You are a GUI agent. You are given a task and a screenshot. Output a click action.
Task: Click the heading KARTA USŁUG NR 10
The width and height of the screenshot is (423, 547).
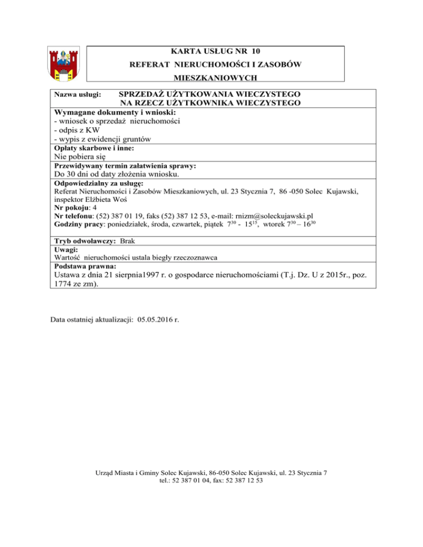pyautogui.click(x=215, y=51)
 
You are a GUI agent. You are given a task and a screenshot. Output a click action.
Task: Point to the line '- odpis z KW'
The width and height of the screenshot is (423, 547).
pyautogui.click(x=73, y=130)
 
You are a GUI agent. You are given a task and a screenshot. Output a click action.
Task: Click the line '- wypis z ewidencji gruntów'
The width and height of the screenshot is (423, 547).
pyautogui.click(x=101, y=139)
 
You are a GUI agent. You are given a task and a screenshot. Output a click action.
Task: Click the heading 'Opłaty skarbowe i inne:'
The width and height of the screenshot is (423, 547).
pyautogui.click(x=94, y=149)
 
